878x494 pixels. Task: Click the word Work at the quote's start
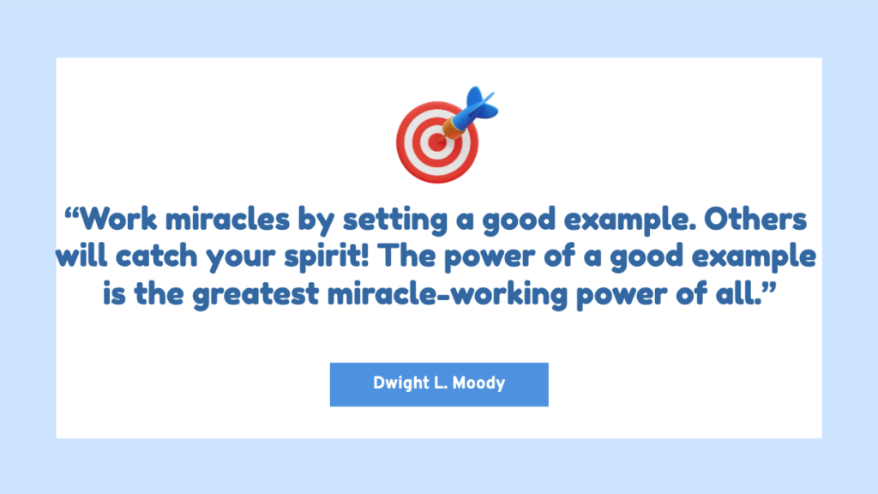click(118, 219)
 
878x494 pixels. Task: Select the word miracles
click(227, 219)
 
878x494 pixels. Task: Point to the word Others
click(755, 219)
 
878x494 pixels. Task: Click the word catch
click(157, 256)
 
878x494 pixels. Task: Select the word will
click(81, 256)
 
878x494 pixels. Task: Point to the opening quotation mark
click(72, 213)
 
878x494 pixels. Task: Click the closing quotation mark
click(769, 286)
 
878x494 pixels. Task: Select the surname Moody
click(478, 383)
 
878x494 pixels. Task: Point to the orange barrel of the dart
click(452, 129)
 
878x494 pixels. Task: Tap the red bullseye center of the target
click(436, 142)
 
